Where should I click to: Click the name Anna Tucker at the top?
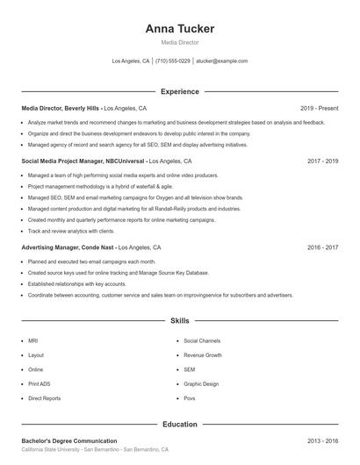tap(180, 28)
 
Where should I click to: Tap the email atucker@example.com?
tap(221, 61)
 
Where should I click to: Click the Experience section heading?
tap(180, 91)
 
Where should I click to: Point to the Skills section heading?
tap(180, 321)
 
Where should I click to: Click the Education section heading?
tap(180, 424)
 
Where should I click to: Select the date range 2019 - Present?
tap(319, 108)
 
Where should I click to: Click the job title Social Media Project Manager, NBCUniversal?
tap(83, 161)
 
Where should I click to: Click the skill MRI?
tap(33, 340)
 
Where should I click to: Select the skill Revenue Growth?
tap(203, 354)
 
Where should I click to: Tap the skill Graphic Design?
tap(201, 383)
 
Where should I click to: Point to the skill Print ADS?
tap(40, 383)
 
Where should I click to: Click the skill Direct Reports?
tap(45, 398)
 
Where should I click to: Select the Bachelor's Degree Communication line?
tap(69, 440)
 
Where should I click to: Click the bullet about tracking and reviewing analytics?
tap(71, 231)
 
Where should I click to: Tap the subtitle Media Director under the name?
tap(180, 42)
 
